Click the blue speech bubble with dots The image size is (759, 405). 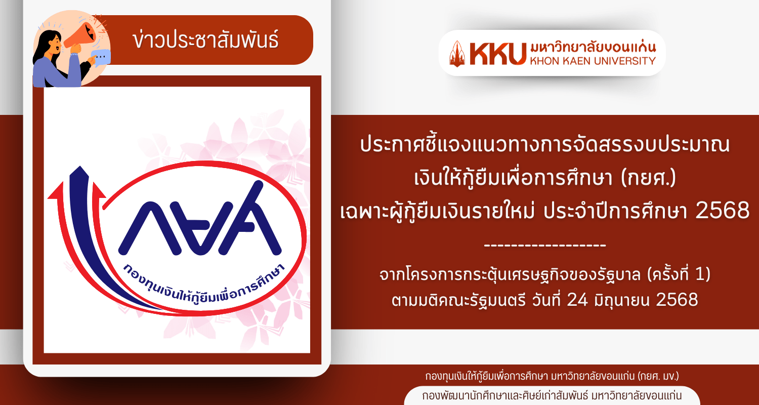(101, 57)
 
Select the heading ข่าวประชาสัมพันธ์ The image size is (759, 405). (205, 40)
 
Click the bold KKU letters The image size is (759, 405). (498, 54)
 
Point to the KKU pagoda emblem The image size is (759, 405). (457, 54)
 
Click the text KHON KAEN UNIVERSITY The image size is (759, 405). (593, 61)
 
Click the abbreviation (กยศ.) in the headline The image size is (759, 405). (648, 177)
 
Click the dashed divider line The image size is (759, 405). (545, 245)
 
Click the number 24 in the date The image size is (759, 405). (577, 300)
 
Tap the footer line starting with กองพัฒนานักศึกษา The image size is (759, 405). (552, 396)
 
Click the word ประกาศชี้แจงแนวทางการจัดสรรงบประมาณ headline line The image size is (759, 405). (545, 145)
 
